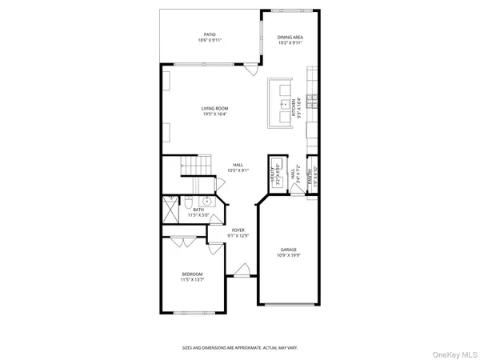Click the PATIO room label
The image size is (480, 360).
(210, 34)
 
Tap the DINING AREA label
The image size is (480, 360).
(290, 37)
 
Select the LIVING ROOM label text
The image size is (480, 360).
(215, 108)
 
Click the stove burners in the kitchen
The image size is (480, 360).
(317, 101)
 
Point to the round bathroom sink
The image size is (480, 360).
(207, 202)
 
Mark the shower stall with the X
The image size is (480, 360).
(171, 210)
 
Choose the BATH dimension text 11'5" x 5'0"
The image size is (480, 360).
(198, 215)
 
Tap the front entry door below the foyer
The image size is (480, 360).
(239, 274)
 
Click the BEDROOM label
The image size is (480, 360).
(192, 274)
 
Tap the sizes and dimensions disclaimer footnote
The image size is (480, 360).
(240, 348)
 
